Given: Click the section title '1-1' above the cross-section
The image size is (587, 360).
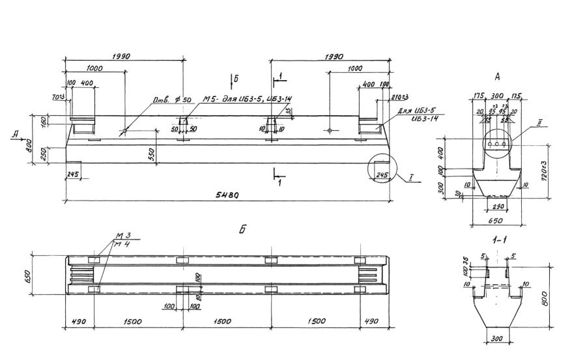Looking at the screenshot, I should point(500,240).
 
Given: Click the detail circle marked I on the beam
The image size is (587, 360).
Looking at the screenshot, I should point(382,170).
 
